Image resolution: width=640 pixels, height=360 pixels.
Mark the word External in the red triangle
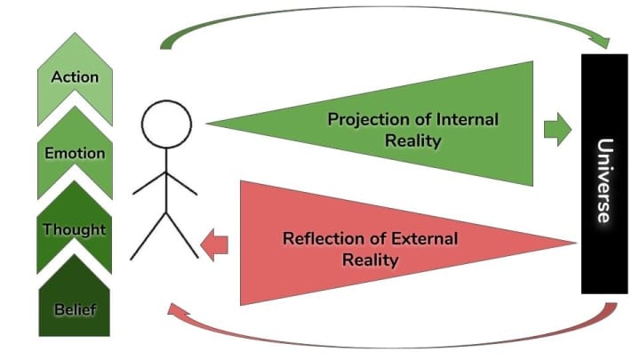(x=425, y=239)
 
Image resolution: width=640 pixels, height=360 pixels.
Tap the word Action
(x=75, y=76)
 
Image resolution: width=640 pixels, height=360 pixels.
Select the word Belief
(x=75, y=310)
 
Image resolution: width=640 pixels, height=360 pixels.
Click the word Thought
(x=75, y=230)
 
